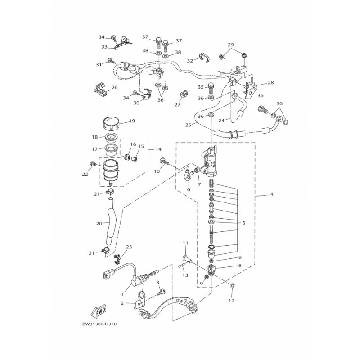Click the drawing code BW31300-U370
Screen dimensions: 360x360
(x=101, y=323)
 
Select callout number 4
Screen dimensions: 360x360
(x=271, y=195)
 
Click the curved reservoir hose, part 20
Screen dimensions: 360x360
(x=110, y=220)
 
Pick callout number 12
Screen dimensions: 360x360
(x=232, y=301)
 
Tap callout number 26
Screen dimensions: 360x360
(x=114, y=88)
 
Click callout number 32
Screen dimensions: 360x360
(x=190, y=61)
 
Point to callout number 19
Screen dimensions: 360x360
(x=132, y=121)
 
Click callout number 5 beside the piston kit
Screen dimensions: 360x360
(x=243, y=223)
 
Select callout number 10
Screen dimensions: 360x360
(x=157, y=171)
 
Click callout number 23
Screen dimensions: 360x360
(x=129, y=247)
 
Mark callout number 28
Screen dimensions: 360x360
(x=270, y=83)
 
